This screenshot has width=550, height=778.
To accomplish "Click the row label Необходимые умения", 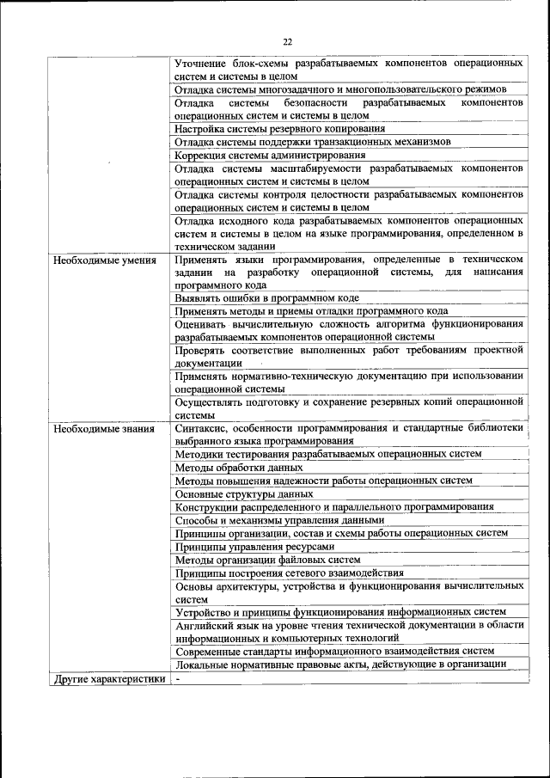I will tap(104, 259).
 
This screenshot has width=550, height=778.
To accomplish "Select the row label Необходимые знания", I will tap(103, 427).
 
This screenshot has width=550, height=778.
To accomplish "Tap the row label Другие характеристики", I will tap(109, 678).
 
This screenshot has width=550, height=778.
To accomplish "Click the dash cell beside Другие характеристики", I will tap(178, 678).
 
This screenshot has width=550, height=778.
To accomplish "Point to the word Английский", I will tap(203, 626).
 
